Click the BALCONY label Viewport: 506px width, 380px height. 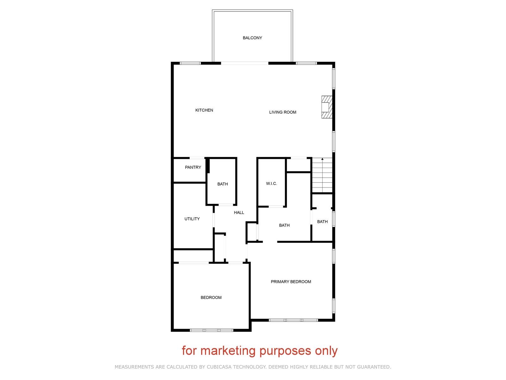tap(252, 38)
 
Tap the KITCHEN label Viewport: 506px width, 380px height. tap(204, 110)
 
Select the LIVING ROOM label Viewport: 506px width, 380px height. tap(283, 112)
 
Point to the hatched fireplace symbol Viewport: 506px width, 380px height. tap(327, 107)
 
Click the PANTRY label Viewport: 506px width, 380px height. tap(193, 167)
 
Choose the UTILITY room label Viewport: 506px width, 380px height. tap(192, 219)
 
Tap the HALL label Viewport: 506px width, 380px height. tap(239, 212)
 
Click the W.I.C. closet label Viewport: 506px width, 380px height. tap(271, 184)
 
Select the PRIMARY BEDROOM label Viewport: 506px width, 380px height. tap(291, 282)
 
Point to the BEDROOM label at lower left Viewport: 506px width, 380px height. tap(211, 298)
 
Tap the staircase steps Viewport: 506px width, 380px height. tap(322, 175)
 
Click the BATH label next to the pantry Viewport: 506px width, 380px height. tap(222, 184)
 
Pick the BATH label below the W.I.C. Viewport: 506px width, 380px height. tap(284, 225)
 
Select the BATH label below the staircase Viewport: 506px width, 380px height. tap(322, 222)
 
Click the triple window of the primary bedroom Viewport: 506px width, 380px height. tap(293, 320)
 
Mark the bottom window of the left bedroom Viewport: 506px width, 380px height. tap(211, 330)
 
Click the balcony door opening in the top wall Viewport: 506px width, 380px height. tap(244, 63)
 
